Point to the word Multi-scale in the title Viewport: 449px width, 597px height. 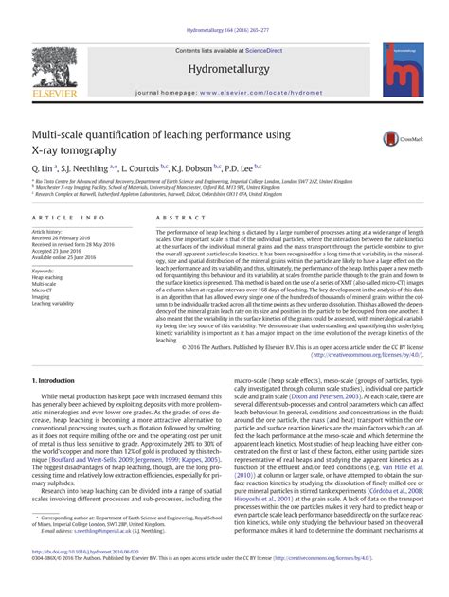pyautogui.click(x=63, y=136)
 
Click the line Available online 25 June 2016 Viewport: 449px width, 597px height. pyautogui.click(x=70, y=256)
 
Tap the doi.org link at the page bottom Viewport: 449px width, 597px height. pyautogui.click(x=85, y=579)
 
